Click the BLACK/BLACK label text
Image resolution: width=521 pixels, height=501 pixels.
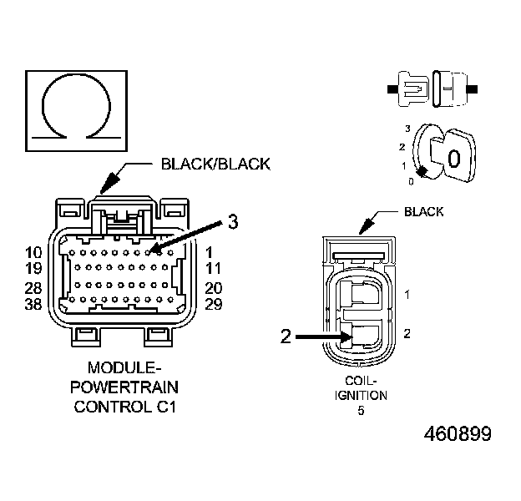click(x=215, y=164)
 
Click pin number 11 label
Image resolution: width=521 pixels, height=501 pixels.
click(x=213, y=269)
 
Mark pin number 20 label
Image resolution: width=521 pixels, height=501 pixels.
click(x=214, y=288)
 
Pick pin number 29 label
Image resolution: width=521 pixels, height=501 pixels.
click(x=214, y=304)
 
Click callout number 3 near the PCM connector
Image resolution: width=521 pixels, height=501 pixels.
click(x=233, y=222)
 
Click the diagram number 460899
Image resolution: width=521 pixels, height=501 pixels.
click(x=458, y=434)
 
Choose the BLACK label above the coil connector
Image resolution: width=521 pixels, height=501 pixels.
click(x=423, y=212)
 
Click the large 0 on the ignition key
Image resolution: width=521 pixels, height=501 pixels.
click(x=454, y=159)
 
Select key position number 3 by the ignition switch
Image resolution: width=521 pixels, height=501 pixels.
click(x=407, y=128)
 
